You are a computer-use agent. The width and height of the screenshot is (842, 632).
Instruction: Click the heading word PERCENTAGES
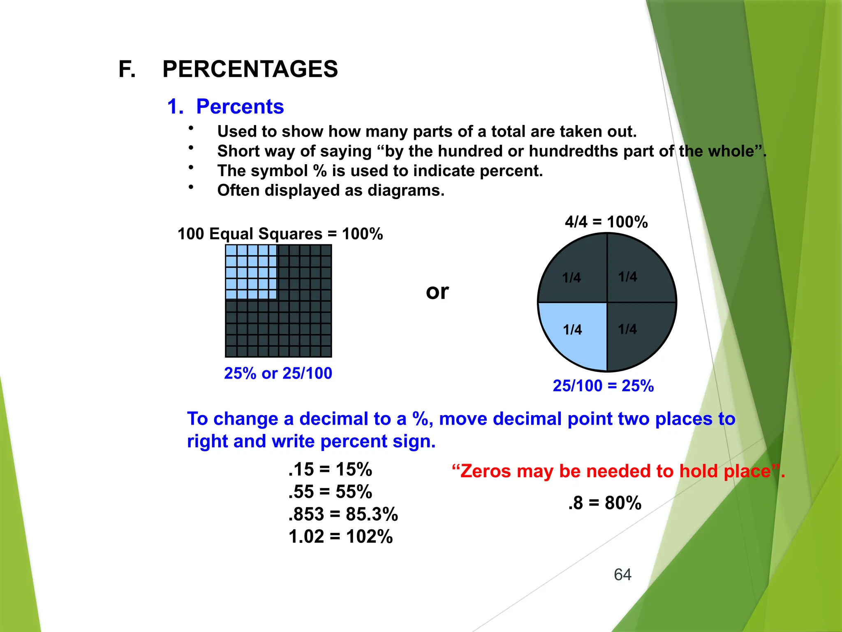coord(250,69)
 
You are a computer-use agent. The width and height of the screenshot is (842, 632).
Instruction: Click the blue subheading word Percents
coord(240,107)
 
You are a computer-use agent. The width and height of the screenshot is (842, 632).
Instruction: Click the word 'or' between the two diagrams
coord(437,292)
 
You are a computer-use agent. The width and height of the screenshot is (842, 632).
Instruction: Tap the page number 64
coord(622,574)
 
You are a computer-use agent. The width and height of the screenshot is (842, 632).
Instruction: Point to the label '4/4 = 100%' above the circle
coord(606,222)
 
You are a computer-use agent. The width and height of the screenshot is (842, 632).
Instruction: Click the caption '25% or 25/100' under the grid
coord(278,373)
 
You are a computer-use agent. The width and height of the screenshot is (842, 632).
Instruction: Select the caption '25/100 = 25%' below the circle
coord(603,386)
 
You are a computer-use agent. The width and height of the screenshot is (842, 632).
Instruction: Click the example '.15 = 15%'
coord(330,469)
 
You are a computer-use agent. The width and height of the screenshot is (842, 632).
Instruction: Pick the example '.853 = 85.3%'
coord(343,514)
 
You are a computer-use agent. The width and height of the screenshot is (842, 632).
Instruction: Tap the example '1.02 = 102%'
coord(341,537)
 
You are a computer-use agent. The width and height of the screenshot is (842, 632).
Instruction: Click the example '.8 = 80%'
coord(605,503)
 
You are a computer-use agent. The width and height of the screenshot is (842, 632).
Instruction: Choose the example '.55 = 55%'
coord(330,492)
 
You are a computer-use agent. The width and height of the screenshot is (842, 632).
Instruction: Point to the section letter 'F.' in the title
coord(127,69)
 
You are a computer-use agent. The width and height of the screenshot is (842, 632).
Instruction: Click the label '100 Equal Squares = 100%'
coord(280,234)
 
